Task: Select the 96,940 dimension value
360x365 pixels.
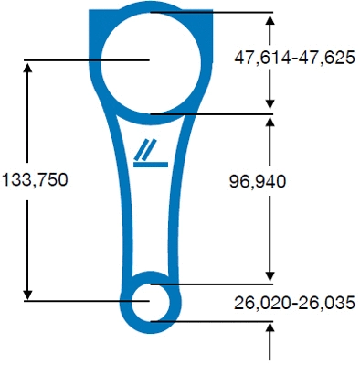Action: point(257,181)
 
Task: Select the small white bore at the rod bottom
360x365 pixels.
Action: point(150,299)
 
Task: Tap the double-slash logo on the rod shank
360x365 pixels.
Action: point(150,154)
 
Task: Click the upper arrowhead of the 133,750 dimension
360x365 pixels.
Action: point(28,68)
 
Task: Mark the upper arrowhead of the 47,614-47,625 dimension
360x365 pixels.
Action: point(270,19)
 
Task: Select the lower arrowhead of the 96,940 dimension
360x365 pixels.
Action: point(270,275)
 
